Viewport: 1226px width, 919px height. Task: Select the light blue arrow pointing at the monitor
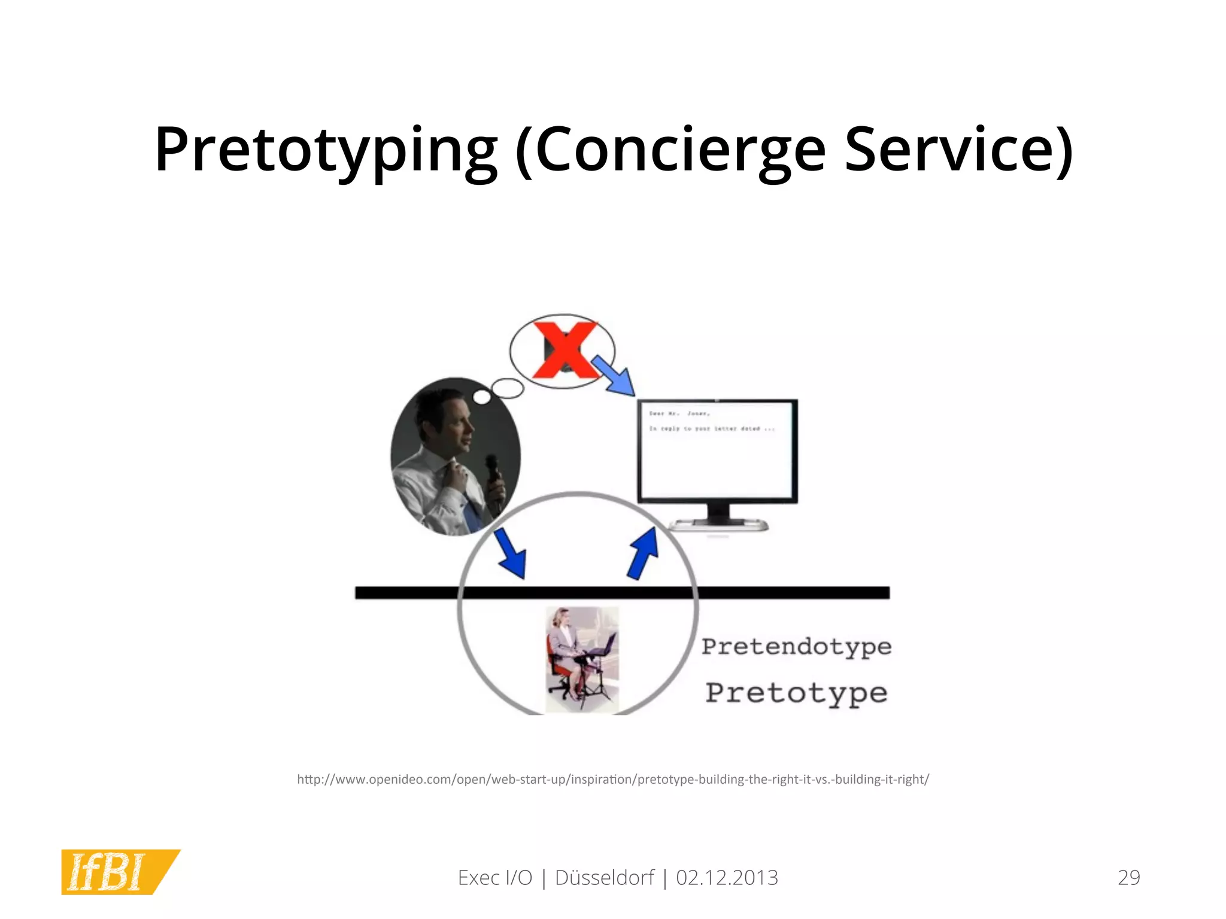tap(614, 376)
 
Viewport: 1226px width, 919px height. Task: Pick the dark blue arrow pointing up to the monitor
tap(644, 553)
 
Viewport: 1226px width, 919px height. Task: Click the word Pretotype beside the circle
tap(796, 693)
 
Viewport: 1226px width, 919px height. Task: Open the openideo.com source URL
tap(613, 780)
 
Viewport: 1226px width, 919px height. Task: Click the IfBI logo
tap(114, 872)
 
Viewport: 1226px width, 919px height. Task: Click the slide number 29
tap(1128, 878)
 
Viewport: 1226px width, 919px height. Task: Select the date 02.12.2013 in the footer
tap(727, 878)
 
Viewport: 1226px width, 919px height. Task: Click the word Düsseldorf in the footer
tap(604, 878)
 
